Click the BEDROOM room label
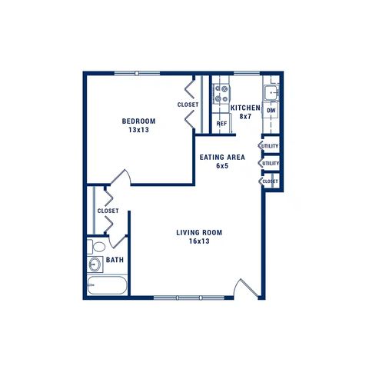(x=138, y=121)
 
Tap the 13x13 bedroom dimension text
(x=138, y=130)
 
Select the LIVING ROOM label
(x=199, y=233)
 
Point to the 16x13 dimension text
(x=199, y=241)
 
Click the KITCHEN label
(x=245, y=108)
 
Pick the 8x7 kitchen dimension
(x=245, y=116)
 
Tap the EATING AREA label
(x=222, y=157)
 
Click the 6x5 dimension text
(x=222, y=165)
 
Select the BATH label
(x=115, y=260)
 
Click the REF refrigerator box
(x=221, y=124)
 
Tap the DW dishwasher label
(x=271, y=111)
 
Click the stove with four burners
(x=221, y=94)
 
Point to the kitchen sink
(x=271, y=93)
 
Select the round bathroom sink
(x=95, y=264)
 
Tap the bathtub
(x=107, y=285)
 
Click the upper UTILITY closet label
(x=270, y=146)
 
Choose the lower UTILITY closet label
(x=271, y=163)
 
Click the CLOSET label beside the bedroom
(x=188, y=105)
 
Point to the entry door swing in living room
(x=246, y=288)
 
